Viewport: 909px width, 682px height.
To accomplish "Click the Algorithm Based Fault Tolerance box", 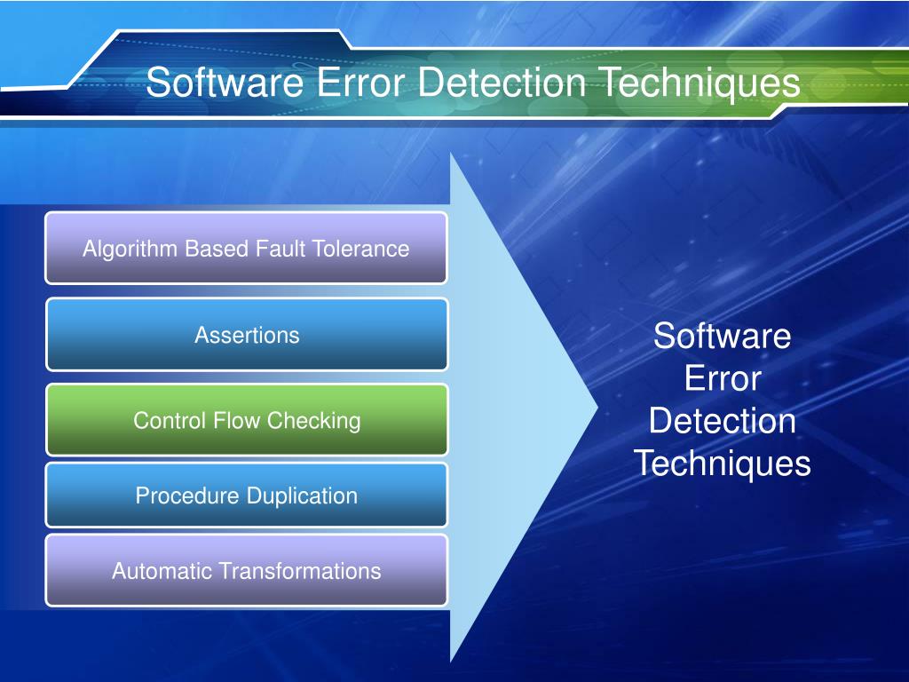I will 246,248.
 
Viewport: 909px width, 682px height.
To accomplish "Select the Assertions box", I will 247,335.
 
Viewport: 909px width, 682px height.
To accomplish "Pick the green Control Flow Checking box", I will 247,420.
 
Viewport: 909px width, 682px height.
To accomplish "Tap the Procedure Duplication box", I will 246,496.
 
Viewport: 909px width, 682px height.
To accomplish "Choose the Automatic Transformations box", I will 246,570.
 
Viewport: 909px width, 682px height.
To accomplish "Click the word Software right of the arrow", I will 722,337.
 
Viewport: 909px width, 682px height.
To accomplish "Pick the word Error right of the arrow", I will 722,379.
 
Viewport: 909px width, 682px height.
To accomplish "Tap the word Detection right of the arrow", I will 722,421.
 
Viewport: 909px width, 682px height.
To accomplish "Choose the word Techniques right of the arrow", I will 722,464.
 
